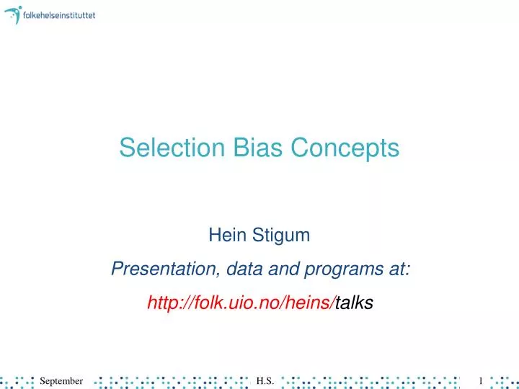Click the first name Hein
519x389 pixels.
224,234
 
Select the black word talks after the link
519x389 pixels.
355,303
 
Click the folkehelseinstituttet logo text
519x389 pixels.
59,14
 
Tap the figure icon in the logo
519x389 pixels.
13,14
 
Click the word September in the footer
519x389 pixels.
61,380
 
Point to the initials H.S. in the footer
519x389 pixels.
265,380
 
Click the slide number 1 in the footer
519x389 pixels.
480,380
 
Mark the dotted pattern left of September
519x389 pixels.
18,380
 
